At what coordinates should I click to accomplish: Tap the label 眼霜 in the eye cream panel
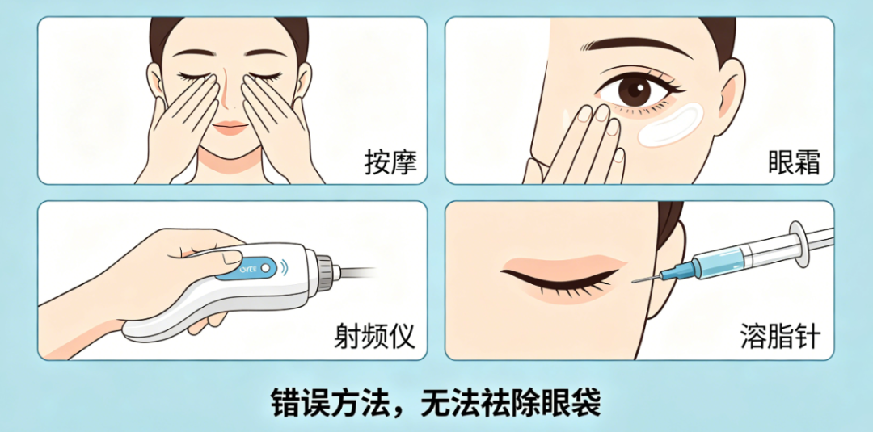pyautogui.click(x=794, y=162)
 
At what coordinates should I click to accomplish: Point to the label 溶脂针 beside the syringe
pyautogui.click(x=779, y=335)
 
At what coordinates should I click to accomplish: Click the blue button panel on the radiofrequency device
pyautogui.click(x=263, y=264)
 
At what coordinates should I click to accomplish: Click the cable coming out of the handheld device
pyautogui.click(x=356, y=271)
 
